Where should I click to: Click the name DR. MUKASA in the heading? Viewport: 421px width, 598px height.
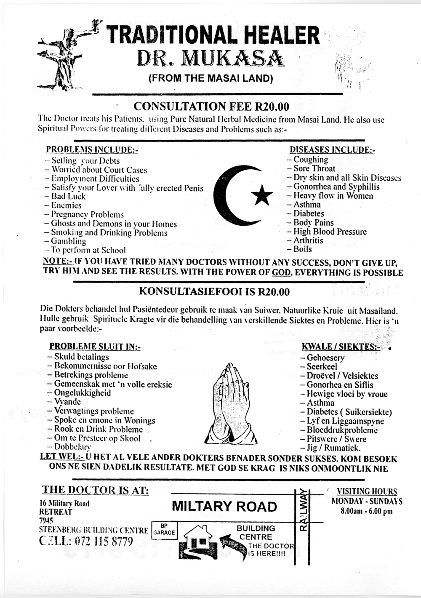[x=209, y=59]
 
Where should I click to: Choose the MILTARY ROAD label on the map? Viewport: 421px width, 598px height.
[x=224, y=506]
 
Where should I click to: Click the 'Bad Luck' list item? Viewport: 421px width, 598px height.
[x=68, y=196]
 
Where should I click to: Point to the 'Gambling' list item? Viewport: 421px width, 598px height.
[x=68, y=241]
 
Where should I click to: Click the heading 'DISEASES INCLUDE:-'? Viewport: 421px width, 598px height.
[x=332, y=150]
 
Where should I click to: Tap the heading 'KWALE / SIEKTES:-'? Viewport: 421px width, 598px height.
[x=341, y=347]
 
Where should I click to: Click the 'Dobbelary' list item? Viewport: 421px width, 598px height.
[x=72, y=447]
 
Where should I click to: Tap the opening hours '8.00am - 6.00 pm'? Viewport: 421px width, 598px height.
[x=367, y=511]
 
